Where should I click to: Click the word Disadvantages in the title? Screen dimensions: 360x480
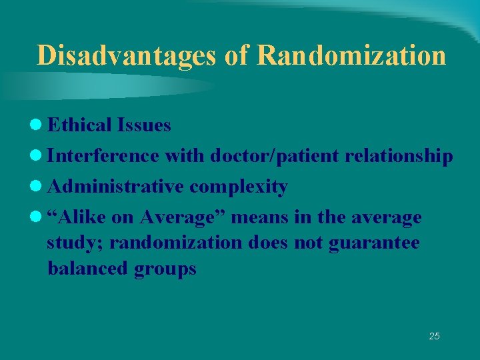click(x=126, y=55)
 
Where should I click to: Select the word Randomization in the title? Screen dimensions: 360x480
click(x=351, y=55)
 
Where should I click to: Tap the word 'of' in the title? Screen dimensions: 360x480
click(x=236, y=55)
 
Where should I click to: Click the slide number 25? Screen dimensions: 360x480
click(x=434, y=336)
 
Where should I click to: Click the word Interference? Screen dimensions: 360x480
click(x=103, y=156)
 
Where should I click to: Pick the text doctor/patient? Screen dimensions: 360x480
click(x=275, y=156)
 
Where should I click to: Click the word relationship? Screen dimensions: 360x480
click(x=399, y=157)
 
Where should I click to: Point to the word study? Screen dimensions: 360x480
click(x=75, y=243)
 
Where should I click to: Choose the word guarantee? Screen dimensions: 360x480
click(x=375, y=243)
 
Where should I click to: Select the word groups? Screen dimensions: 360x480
click(x=165, y=269)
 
